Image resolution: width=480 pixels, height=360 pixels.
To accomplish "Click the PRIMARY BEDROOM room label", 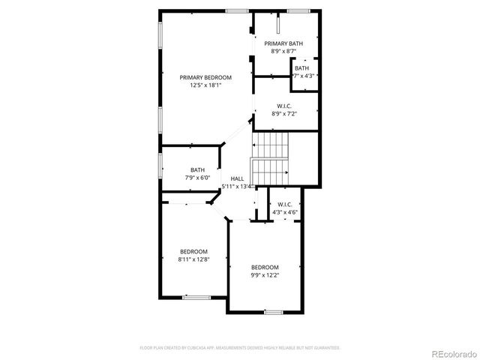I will click(x=205, y=77).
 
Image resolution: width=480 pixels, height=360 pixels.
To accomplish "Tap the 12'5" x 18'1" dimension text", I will click(x=205, y=85).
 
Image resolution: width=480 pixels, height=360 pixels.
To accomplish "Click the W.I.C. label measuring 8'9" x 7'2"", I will click(x=284, y=106).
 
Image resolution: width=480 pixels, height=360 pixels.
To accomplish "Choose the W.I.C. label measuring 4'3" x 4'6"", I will click(x=285, y=204).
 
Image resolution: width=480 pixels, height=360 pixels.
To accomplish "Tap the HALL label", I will click(x=237, y=178).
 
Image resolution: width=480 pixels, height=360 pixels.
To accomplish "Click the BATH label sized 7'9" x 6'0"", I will click(x=197, y=169).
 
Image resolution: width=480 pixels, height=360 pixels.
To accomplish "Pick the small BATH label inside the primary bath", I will click(x=301, y=68).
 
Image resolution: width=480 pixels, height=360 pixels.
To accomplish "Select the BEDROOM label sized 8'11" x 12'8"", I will click(x=193, y=251).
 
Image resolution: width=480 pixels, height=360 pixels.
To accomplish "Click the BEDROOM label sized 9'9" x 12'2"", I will click(x=265, y=268).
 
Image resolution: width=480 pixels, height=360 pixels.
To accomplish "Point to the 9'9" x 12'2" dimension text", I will click(x=265, y=275).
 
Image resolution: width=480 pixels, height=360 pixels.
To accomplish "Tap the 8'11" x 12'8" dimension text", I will click(x=193, y=259).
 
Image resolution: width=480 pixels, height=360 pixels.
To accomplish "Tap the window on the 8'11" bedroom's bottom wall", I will click(x=196, y=297).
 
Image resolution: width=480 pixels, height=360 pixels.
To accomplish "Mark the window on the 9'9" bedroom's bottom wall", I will click(x=273, y=311).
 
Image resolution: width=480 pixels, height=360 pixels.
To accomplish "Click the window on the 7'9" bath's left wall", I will click(x=159, y=166).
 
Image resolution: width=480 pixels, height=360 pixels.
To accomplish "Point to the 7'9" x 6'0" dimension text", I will click(x=197, y=178).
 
